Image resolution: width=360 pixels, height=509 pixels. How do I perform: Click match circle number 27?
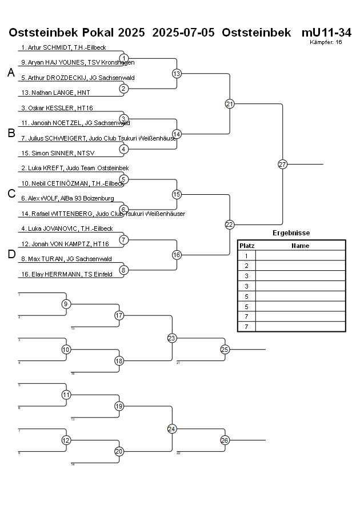[282, 165]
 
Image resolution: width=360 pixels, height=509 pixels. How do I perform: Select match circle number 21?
[230, 104]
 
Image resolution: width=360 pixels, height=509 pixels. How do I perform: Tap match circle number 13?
[177, 74]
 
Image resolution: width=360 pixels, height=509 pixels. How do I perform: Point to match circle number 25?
[225, 349]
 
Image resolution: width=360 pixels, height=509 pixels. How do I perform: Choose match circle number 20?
[119, 451]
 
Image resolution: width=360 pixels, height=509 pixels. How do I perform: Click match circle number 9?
[66, 304]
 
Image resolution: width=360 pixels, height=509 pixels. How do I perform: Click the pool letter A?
[10, 73]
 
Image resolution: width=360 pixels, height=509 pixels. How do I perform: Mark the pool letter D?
[11, 255]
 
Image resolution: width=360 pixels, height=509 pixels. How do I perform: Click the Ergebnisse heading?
[291, 233]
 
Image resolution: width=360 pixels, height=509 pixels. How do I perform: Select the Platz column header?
[247, 246]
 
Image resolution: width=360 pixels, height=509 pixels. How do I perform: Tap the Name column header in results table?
[300, 246]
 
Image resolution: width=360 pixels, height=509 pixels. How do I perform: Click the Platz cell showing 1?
[246, 256]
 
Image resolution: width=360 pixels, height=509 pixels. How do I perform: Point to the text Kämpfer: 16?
[326, 42]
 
